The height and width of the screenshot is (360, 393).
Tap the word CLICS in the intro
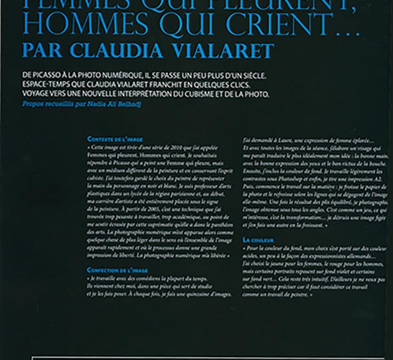pyautogui.click(x=237, y=86)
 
